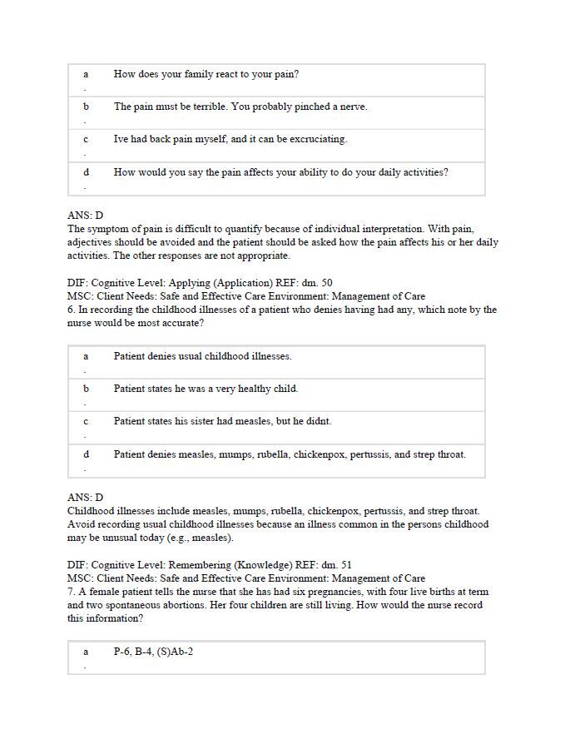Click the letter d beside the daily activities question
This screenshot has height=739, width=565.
(86, 172)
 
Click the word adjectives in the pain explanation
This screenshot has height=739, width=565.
(95, 242)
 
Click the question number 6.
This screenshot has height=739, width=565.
(71, 310)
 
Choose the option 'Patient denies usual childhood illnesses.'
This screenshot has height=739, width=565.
(202, 356)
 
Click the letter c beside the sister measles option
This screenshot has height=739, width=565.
(86, 421)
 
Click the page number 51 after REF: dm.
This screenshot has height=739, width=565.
(345, 564)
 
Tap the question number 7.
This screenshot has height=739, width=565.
(71, 592)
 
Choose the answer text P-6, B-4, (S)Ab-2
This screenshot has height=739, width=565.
(153, 652)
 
